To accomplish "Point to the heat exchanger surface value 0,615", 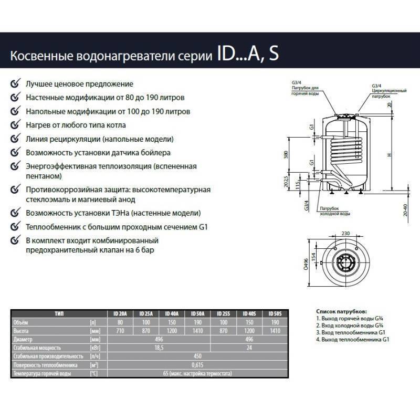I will click(x=199, y=364).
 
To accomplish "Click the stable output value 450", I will click(x=199, y=356).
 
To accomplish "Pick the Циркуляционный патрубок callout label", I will click(x=388, y=93).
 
